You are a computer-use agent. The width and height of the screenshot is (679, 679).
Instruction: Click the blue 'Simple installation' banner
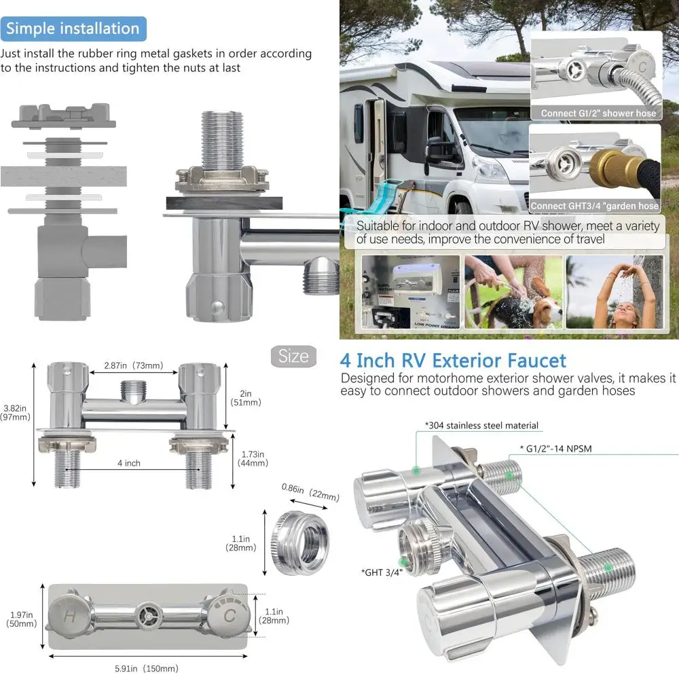point(73,29)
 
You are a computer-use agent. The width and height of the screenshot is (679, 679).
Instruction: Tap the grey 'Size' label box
point(293,356)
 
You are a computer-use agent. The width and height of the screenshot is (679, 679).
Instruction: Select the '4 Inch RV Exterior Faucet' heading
point(453,360)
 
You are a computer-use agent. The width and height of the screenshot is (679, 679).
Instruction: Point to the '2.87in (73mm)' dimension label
point(133,365)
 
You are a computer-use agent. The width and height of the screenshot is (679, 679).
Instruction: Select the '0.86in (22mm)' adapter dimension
point(310,493)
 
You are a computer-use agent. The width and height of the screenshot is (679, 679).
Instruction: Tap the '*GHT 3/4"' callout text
point(382,572)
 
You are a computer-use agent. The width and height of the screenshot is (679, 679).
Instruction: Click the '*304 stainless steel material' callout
point(481,426)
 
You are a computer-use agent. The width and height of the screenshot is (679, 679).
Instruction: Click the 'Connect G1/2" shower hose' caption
point(598,113)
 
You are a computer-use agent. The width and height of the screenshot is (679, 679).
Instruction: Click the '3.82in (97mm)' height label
point(17,412)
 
